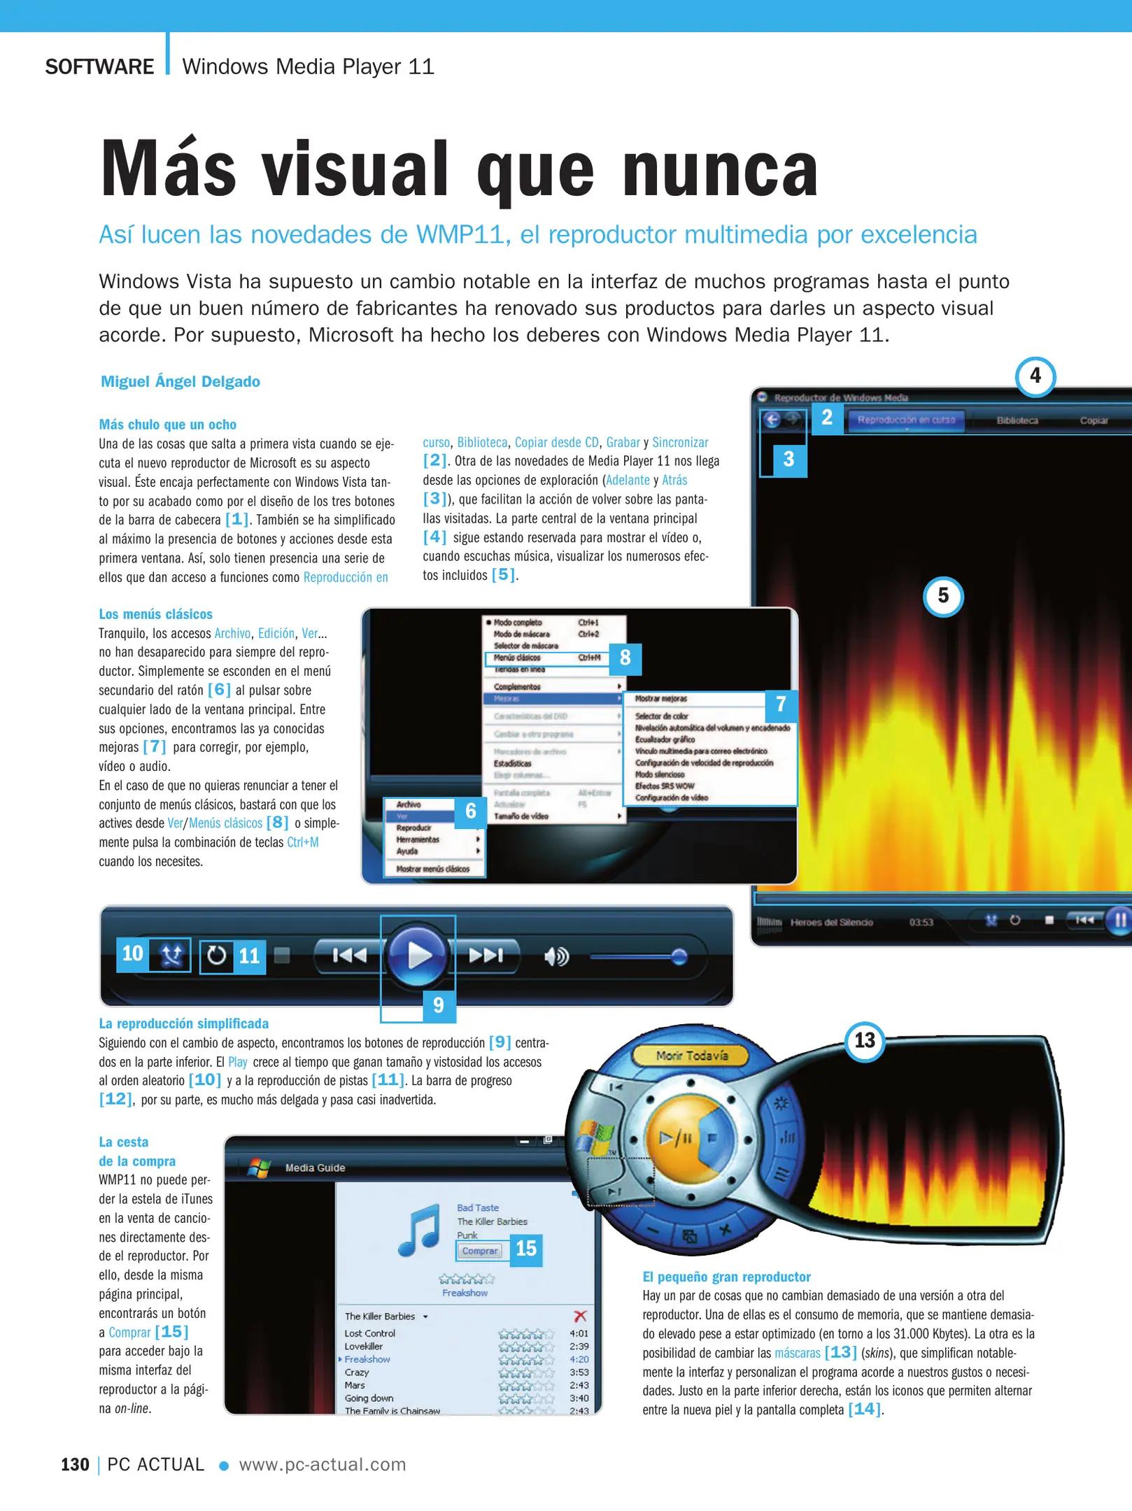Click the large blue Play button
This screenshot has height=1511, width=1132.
tap(418, 955)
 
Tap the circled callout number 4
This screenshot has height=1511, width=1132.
tap(1035, 376)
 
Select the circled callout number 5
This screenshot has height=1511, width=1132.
tap(943, 596)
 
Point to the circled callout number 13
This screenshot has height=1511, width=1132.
tap(865, 1041)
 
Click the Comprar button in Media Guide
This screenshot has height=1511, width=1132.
tap(480, 1251)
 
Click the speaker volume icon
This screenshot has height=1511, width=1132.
tap(556, 956)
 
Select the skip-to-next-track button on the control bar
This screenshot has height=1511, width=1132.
tap(486, 955)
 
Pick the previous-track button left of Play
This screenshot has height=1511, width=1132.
tap(349, 955)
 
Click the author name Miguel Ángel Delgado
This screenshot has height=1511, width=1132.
tap(181, 382)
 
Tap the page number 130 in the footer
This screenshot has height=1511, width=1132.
tap(75, 1465)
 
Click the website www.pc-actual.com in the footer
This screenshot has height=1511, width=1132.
tap(323, 1465)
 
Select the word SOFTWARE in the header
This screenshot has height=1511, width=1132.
tap(99, 67)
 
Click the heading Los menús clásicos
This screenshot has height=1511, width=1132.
tap(155, 614)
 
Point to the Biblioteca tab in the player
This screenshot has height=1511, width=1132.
tap(1017, 420)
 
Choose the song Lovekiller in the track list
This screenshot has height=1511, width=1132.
tap(364, 1346)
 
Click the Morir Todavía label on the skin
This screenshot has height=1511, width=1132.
tap(692, 1056)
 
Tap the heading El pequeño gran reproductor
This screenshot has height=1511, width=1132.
tap(726, 1277)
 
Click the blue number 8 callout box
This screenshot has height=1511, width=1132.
tap(625, 658)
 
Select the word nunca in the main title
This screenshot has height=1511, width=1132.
tap(720, 170)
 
